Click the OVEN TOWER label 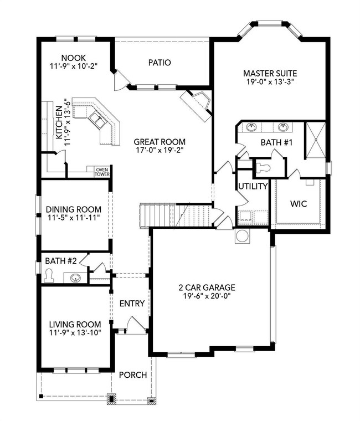click(x=102, y=172)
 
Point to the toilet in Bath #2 click(x=49, y=276)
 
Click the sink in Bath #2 click(x=76, y=278)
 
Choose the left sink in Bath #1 click(x=251, y=127)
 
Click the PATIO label click(x=160, y=63)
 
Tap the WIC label click(x=299, y=204)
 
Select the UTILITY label click(x=253, y=186)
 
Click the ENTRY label click(x=132, y=304)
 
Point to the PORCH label click(x=133, y=374)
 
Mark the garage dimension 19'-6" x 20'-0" click(x=207, y=296)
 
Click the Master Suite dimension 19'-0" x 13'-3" click(x=270, y=81)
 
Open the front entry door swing click(x=136, y=325)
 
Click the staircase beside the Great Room click(x=176, y=215)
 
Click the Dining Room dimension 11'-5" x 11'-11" click(x=73, y=217)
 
